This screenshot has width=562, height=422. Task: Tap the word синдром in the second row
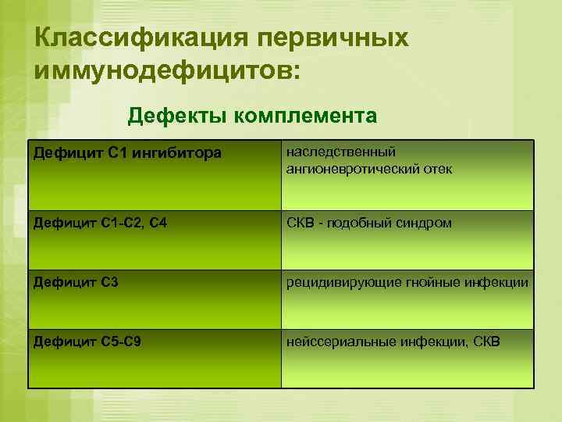point(424,223)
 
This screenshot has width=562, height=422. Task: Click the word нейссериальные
point(338,341)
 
